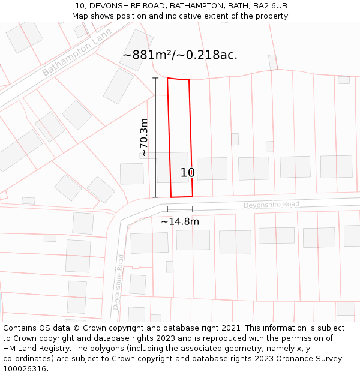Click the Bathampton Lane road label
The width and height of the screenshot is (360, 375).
click(76, 51)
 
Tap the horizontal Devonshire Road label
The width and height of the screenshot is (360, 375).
click(271, 205)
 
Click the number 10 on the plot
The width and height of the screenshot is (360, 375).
click(188, 173)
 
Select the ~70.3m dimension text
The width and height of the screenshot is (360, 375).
click(144, 137)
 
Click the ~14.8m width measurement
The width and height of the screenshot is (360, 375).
click(180, 221)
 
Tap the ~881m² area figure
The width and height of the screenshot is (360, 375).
click(148, 55)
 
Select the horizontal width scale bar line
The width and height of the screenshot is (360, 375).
click(180, 209)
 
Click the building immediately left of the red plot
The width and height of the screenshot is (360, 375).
click(132, 173)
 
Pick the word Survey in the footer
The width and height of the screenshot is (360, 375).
click(327, 359)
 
